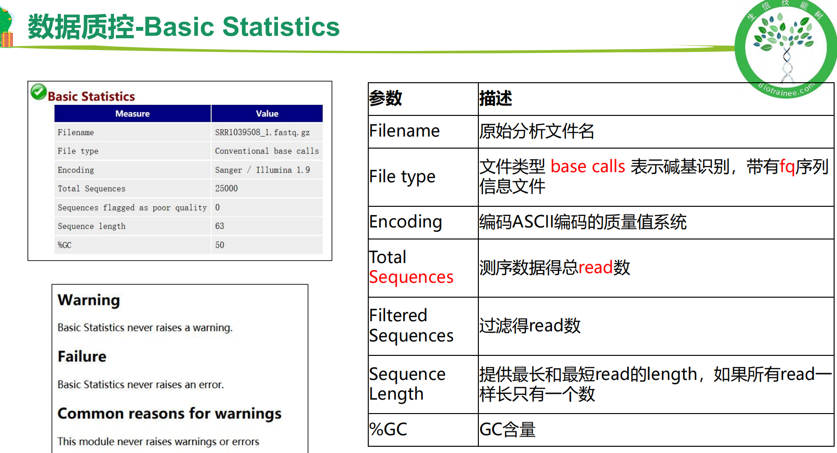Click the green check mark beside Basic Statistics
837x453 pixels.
click(38, 92)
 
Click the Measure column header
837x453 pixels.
click(133, 113)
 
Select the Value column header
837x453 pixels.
click(267, 113)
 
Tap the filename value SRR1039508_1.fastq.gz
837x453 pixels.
click(262, 132)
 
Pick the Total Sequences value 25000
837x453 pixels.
click(226, 189)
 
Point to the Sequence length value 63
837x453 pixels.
click(220, 226)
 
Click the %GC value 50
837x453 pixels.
click(220, 245)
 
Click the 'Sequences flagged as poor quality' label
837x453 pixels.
click(132, 208)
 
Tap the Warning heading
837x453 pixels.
click(89, 300)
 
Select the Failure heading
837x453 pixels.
click(82, 356)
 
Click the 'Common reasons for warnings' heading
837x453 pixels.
click(170, 414)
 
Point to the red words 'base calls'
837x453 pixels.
click(588, 166)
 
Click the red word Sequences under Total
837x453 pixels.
click(412, 277)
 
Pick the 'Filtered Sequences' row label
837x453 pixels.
click(412, 326)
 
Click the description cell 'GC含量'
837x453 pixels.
click(508, 429)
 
